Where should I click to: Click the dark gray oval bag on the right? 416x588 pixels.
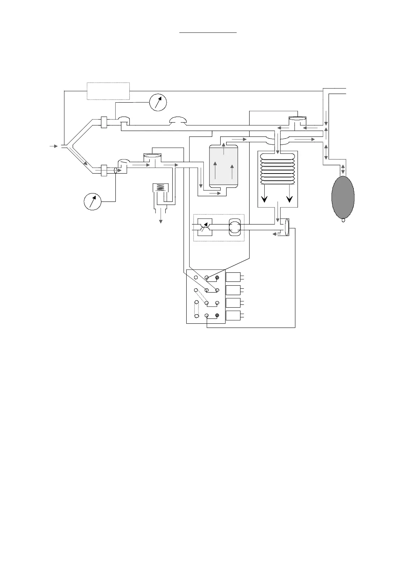click(x=343, y=197)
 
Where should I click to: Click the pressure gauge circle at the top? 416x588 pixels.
click(x=158, y=102)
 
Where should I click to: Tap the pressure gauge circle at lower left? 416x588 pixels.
click(x=93, y=201)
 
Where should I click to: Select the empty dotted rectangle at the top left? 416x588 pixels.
click(x=108, y=91)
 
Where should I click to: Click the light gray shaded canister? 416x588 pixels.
click(x=223, y=166)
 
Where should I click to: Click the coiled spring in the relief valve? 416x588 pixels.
click(x=160, y=188)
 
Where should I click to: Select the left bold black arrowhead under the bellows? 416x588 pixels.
click(x=265, y=198)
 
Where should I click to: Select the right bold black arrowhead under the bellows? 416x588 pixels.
click(x=289, y=198)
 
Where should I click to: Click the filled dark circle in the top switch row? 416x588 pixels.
click(x=217, y=278)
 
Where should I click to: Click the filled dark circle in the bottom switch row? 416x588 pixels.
click(x=217, y=315)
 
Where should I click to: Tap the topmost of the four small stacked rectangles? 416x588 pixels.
click(x=233, y=277)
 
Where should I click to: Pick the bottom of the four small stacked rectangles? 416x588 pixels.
click(x=233, y=315)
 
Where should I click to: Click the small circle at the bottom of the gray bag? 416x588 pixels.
click(x=343, y=220)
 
